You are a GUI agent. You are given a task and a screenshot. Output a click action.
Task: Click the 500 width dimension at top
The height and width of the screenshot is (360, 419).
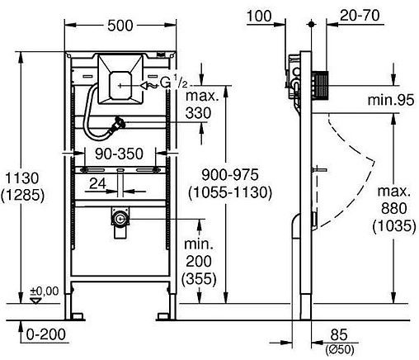coord(120,26)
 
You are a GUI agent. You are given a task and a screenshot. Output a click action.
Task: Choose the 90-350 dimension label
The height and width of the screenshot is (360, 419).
coord(120,154)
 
